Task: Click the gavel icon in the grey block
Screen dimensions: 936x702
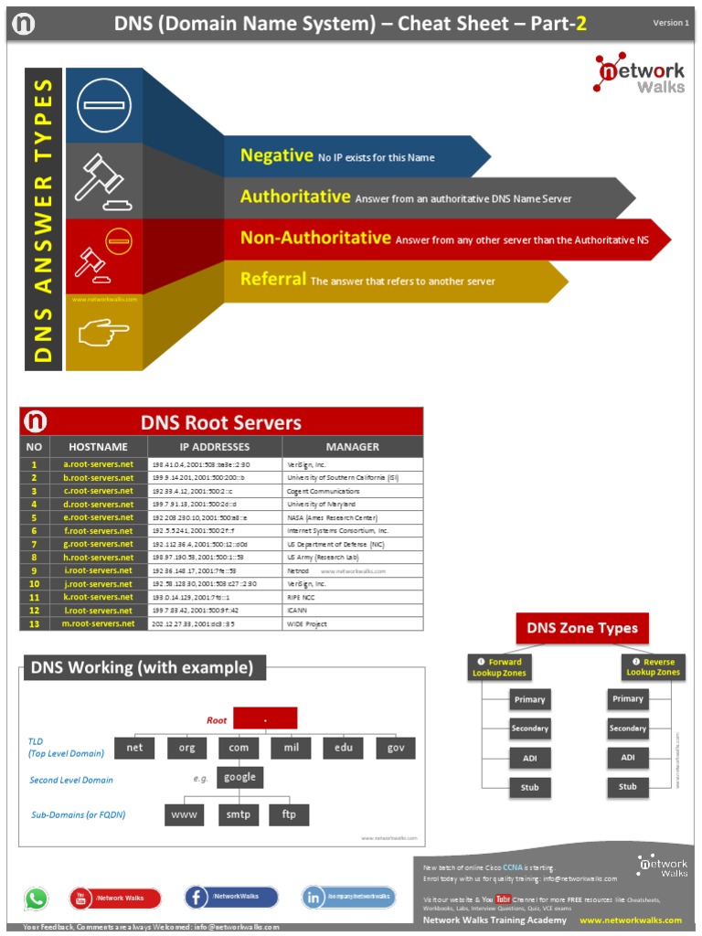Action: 102,178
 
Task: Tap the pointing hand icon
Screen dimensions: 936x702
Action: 103,334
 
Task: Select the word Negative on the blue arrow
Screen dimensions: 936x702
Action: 276,156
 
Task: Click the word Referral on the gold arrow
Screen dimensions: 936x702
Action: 273,280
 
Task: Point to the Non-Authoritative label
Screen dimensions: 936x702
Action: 315,239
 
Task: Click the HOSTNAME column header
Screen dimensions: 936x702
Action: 98,447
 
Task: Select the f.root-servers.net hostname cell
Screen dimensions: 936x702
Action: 98,530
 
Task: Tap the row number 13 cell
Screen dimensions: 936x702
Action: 34,623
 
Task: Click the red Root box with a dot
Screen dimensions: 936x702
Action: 265,718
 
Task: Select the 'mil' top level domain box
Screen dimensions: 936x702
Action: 291,748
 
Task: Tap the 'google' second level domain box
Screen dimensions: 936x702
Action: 239,778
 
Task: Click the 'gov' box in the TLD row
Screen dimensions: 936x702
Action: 395,748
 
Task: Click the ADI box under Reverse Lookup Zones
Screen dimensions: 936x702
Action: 628,758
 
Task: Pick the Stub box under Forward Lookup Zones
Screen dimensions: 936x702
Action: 529,787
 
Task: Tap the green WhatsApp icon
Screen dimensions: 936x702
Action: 36,898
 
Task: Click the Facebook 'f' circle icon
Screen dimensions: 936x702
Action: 197,898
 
